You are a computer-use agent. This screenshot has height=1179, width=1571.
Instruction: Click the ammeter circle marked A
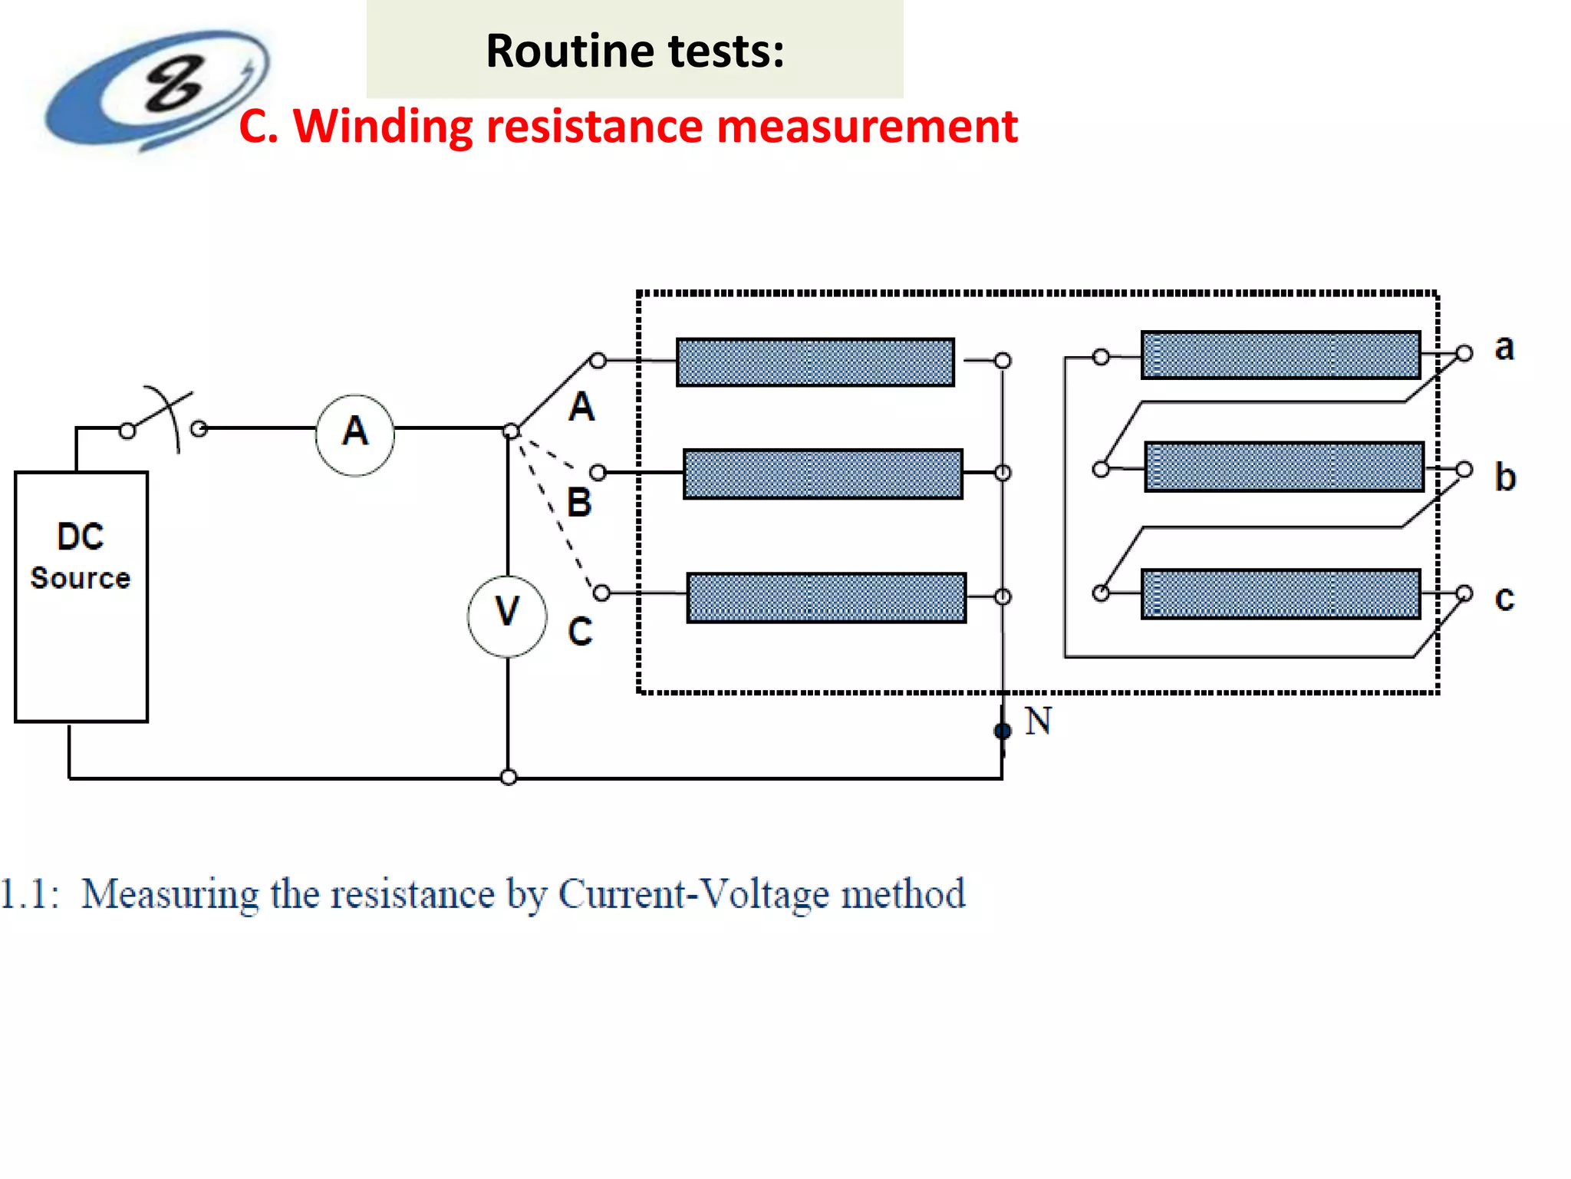tap(355, 435)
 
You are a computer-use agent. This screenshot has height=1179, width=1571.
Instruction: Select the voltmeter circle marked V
tap(507, 616)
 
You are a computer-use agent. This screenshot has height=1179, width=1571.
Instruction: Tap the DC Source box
tap(81, 596)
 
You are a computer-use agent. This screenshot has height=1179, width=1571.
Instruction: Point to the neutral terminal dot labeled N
tap(1002, 731)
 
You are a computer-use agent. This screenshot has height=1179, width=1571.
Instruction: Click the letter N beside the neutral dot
tap(1038, 722)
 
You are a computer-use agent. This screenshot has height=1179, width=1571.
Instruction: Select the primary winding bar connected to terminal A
tap(815, 362)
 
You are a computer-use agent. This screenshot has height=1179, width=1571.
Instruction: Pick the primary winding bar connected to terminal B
tap(822, 474)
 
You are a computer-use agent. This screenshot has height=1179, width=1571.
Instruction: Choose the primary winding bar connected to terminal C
tap(825, 597)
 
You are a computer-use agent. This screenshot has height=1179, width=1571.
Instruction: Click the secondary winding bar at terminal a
tap(1280, 355)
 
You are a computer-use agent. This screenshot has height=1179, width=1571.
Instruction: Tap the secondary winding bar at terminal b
tap(1284, 466)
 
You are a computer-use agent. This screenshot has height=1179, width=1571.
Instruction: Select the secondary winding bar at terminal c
tap(1280, 593)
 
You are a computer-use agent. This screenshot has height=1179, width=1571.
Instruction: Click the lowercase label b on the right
tap(1505, 477)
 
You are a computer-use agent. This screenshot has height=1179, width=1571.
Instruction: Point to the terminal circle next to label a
tap(1464, 353)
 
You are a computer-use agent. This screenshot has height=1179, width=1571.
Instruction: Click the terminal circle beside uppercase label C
tap(602, 593)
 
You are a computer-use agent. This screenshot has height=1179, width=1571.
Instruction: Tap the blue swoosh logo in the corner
tap(157, 89)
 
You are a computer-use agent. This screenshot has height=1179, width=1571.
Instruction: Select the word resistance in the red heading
tap(594, 127)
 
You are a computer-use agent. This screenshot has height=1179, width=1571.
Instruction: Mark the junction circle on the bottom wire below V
tap(508, 778)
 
